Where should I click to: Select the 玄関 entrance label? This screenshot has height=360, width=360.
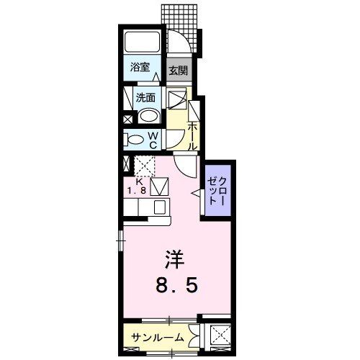[178, 71]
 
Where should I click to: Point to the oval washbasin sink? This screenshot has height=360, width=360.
[149, 117]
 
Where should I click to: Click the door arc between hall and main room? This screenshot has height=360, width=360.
[184, 168]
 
